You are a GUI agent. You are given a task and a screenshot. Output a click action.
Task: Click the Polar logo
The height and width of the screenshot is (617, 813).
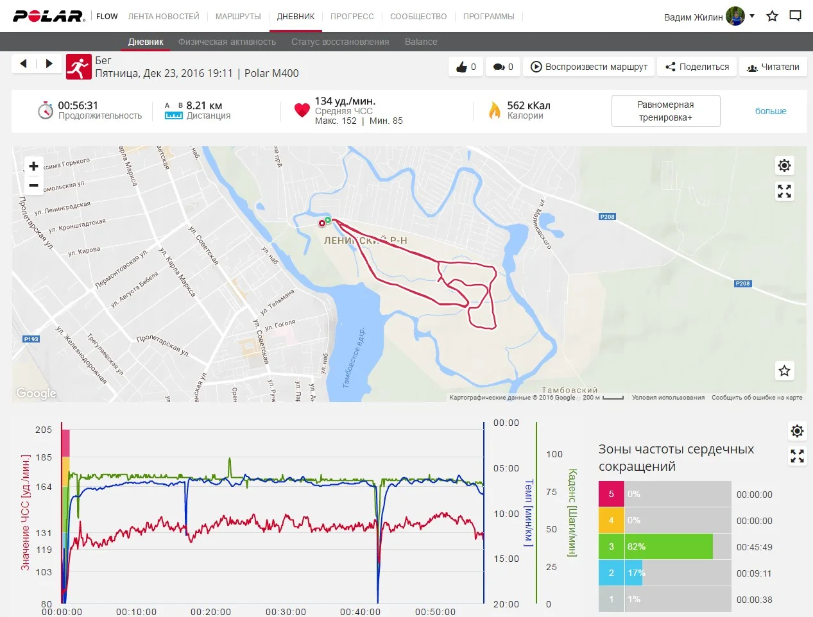(49, 16)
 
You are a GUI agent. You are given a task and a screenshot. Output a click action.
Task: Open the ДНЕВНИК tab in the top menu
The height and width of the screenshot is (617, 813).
(296, 16)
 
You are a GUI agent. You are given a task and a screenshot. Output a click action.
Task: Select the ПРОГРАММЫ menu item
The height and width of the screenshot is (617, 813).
(488, 16)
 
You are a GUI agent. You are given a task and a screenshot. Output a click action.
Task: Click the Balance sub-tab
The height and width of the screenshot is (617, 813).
(421, 42)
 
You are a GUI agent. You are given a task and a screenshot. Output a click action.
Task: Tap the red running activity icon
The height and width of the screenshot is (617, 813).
(78, 67)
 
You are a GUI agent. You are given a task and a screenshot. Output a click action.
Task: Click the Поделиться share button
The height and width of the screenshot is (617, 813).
(697, 67)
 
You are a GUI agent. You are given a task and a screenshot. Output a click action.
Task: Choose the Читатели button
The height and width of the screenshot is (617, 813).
(773, 67)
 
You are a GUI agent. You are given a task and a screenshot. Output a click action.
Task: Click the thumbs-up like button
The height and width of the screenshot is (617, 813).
(466, 67)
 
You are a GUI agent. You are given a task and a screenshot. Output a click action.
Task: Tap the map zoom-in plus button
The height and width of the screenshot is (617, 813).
(33, 166)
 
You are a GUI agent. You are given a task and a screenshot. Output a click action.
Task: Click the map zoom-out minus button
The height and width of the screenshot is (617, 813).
(33, 185)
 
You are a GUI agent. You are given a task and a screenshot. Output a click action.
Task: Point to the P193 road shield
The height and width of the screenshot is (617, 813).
(31, 339)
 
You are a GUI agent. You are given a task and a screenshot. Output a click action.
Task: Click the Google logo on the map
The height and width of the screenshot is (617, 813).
(36, 393)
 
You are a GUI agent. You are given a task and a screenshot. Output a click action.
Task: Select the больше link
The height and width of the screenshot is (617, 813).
(771, 111)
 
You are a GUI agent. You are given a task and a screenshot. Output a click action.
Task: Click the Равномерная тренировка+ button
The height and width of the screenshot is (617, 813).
(665, 111)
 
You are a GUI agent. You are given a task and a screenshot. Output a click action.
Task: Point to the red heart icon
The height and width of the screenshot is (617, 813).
(302, 110)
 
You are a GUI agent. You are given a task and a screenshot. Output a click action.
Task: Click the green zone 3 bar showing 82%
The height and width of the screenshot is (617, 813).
(669, 546)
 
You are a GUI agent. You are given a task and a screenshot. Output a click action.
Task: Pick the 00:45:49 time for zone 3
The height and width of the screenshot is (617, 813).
(754, 547)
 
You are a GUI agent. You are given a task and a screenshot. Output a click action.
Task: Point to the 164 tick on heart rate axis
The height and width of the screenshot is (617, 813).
(44, 487)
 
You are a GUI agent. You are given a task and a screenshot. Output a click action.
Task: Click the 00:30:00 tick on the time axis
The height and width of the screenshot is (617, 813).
(286, 612)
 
